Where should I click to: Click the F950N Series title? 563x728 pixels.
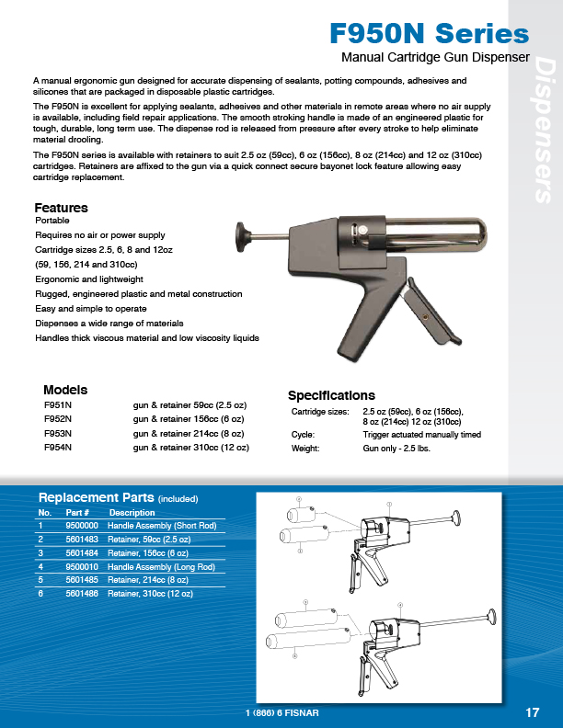point(430,35)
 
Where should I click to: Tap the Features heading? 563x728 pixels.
point(61,208)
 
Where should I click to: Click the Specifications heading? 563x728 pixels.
point(331,395)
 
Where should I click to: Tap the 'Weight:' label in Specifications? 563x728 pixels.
point(304,449)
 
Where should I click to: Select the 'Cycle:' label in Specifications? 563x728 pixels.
point(303,434)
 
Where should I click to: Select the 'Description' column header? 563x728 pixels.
point(132,512)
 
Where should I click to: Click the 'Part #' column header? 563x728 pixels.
point(77,512)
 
